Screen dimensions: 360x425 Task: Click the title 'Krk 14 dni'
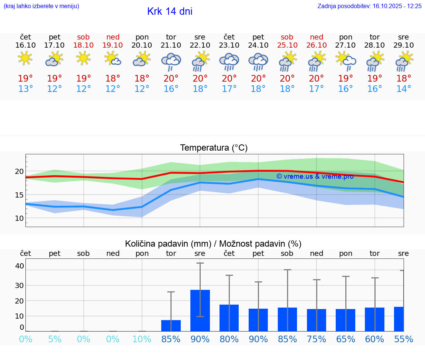tap(170, 11)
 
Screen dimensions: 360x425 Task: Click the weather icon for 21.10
tap(171, 62)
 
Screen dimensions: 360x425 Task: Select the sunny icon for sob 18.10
tap(83, 58)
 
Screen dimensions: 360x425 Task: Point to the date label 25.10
tap(287, 45)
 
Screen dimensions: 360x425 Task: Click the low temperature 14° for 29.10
tap(404, 89)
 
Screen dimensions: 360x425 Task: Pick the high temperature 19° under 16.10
tap(25, 79)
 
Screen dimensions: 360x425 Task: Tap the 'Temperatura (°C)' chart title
tap(214, 148)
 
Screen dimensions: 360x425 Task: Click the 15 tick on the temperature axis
tap(19, 195)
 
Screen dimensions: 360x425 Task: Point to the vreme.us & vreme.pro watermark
tap(315, 176)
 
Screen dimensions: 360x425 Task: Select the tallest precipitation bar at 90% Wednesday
tap(200, 310)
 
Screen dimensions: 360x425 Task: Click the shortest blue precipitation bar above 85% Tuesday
tap(171, 326)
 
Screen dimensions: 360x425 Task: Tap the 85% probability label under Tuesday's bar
tap(171, 339)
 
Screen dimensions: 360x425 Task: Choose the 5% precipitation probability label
tap(55, 339)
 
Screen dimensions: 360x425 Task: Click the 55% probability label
tap(404, 339)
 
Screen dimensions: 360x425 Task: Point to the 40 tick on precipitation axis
tap(20, 266)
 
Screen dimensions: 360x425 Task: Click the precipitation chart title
tap(213, 244)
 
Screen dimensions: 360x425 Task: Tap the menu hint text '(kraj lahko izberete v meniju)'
tap(41, 6)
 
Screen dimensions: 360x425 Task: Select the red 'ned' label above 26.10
tap(316, 37)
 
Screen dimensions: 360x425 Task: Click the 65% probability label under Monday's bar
tap(346, 339)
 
